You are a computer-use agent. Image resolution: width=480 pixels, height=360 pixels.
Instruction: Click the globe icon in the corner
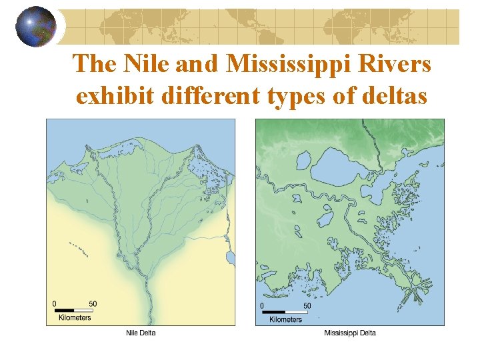click(x=35, y=27)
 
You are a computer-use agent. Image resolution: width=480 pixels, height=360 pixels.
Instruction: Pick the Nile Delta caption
click(x=141, y=333)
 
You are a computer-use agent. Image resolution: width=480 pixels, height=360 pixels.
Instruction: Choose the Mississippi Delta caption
click(x=349, y=333)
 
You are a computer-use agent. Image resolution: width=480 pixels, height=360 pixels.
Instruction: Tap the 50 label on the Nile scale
click(x=93, y=304)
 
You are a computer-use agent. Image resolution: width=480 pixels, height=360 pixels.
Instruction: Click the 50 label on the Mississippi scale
click(x=307, y=305)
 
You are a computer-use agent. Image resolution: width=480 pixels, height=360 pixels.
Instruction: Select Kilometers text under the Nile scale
click(x=73, y=318)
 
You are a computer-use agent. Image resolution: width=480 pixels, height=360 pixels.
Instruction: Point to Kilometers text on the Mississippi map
click(x=285, y=319)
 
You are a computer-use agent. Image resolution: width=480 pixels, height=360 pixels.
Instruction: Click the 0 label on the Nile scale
click(x=55, y=304)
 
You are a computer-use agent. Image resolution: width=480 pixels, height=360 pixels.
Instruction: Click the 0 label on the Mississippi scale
click(x=263, y=305)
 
